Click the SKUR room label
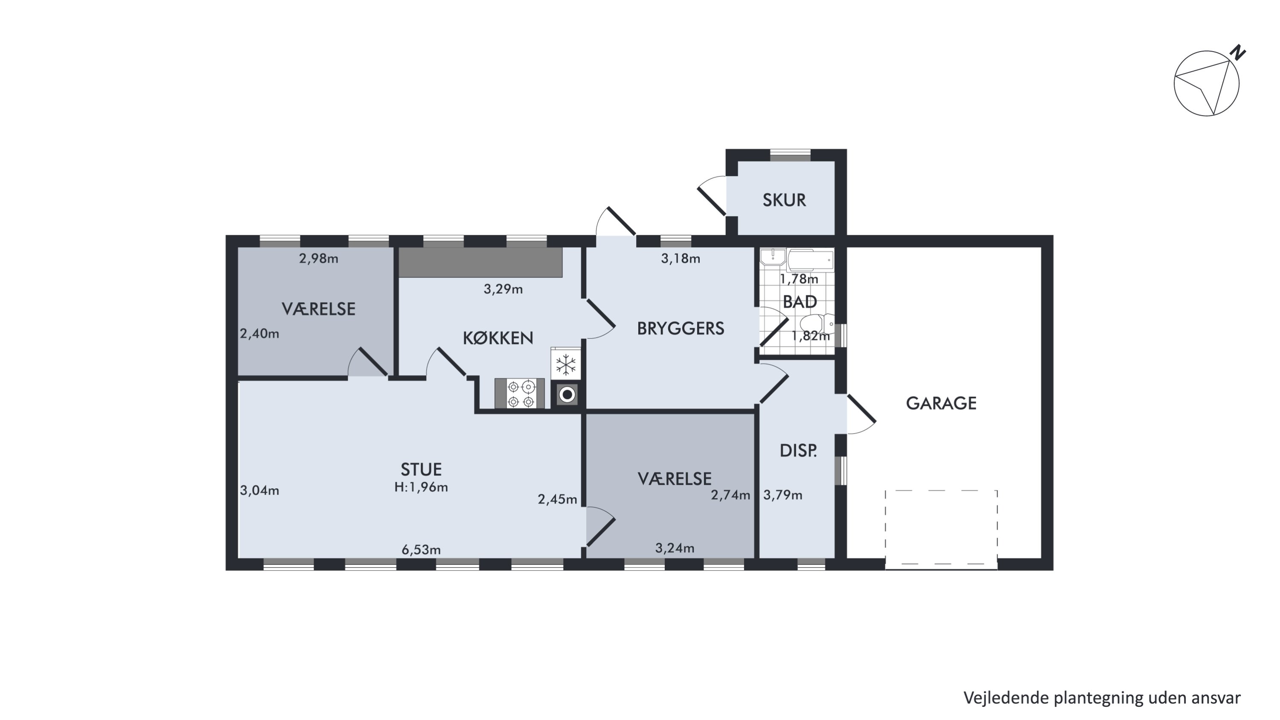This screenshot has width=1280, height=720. tap(784, 200)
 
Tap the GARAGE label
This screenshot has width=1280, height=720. tap(941, 403)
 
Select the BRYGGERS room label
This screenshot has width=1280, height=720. tap(680, 329)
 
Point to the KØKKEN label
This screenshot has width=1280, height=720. tap(498, 338)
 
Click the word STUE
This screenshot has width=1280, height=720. tap(421, 469)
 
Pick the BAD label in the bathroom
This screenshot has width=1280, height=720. tap(800, 302)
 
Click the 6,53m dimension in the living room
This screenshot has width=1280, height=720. tap(421, 550)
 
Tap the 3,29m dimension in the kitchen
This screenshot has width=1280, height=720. tap(503, 289)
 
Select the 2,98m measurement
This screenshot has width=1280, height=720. tap(319, 258)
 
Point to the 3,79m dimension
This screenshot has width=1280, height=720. tap(783, 495)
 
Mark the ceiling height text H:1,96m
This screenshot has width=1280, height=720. tap(421, 487)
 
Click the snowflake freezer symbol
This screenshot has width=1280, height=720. tap(565, 365)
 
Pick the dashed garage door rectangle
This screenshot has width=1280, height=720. tap(941, 527)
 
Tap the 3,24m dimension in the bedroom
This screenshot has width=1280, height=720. tap(675, 548)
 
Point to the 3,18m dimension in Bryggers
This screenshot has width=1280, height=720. tap(680, 258)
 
